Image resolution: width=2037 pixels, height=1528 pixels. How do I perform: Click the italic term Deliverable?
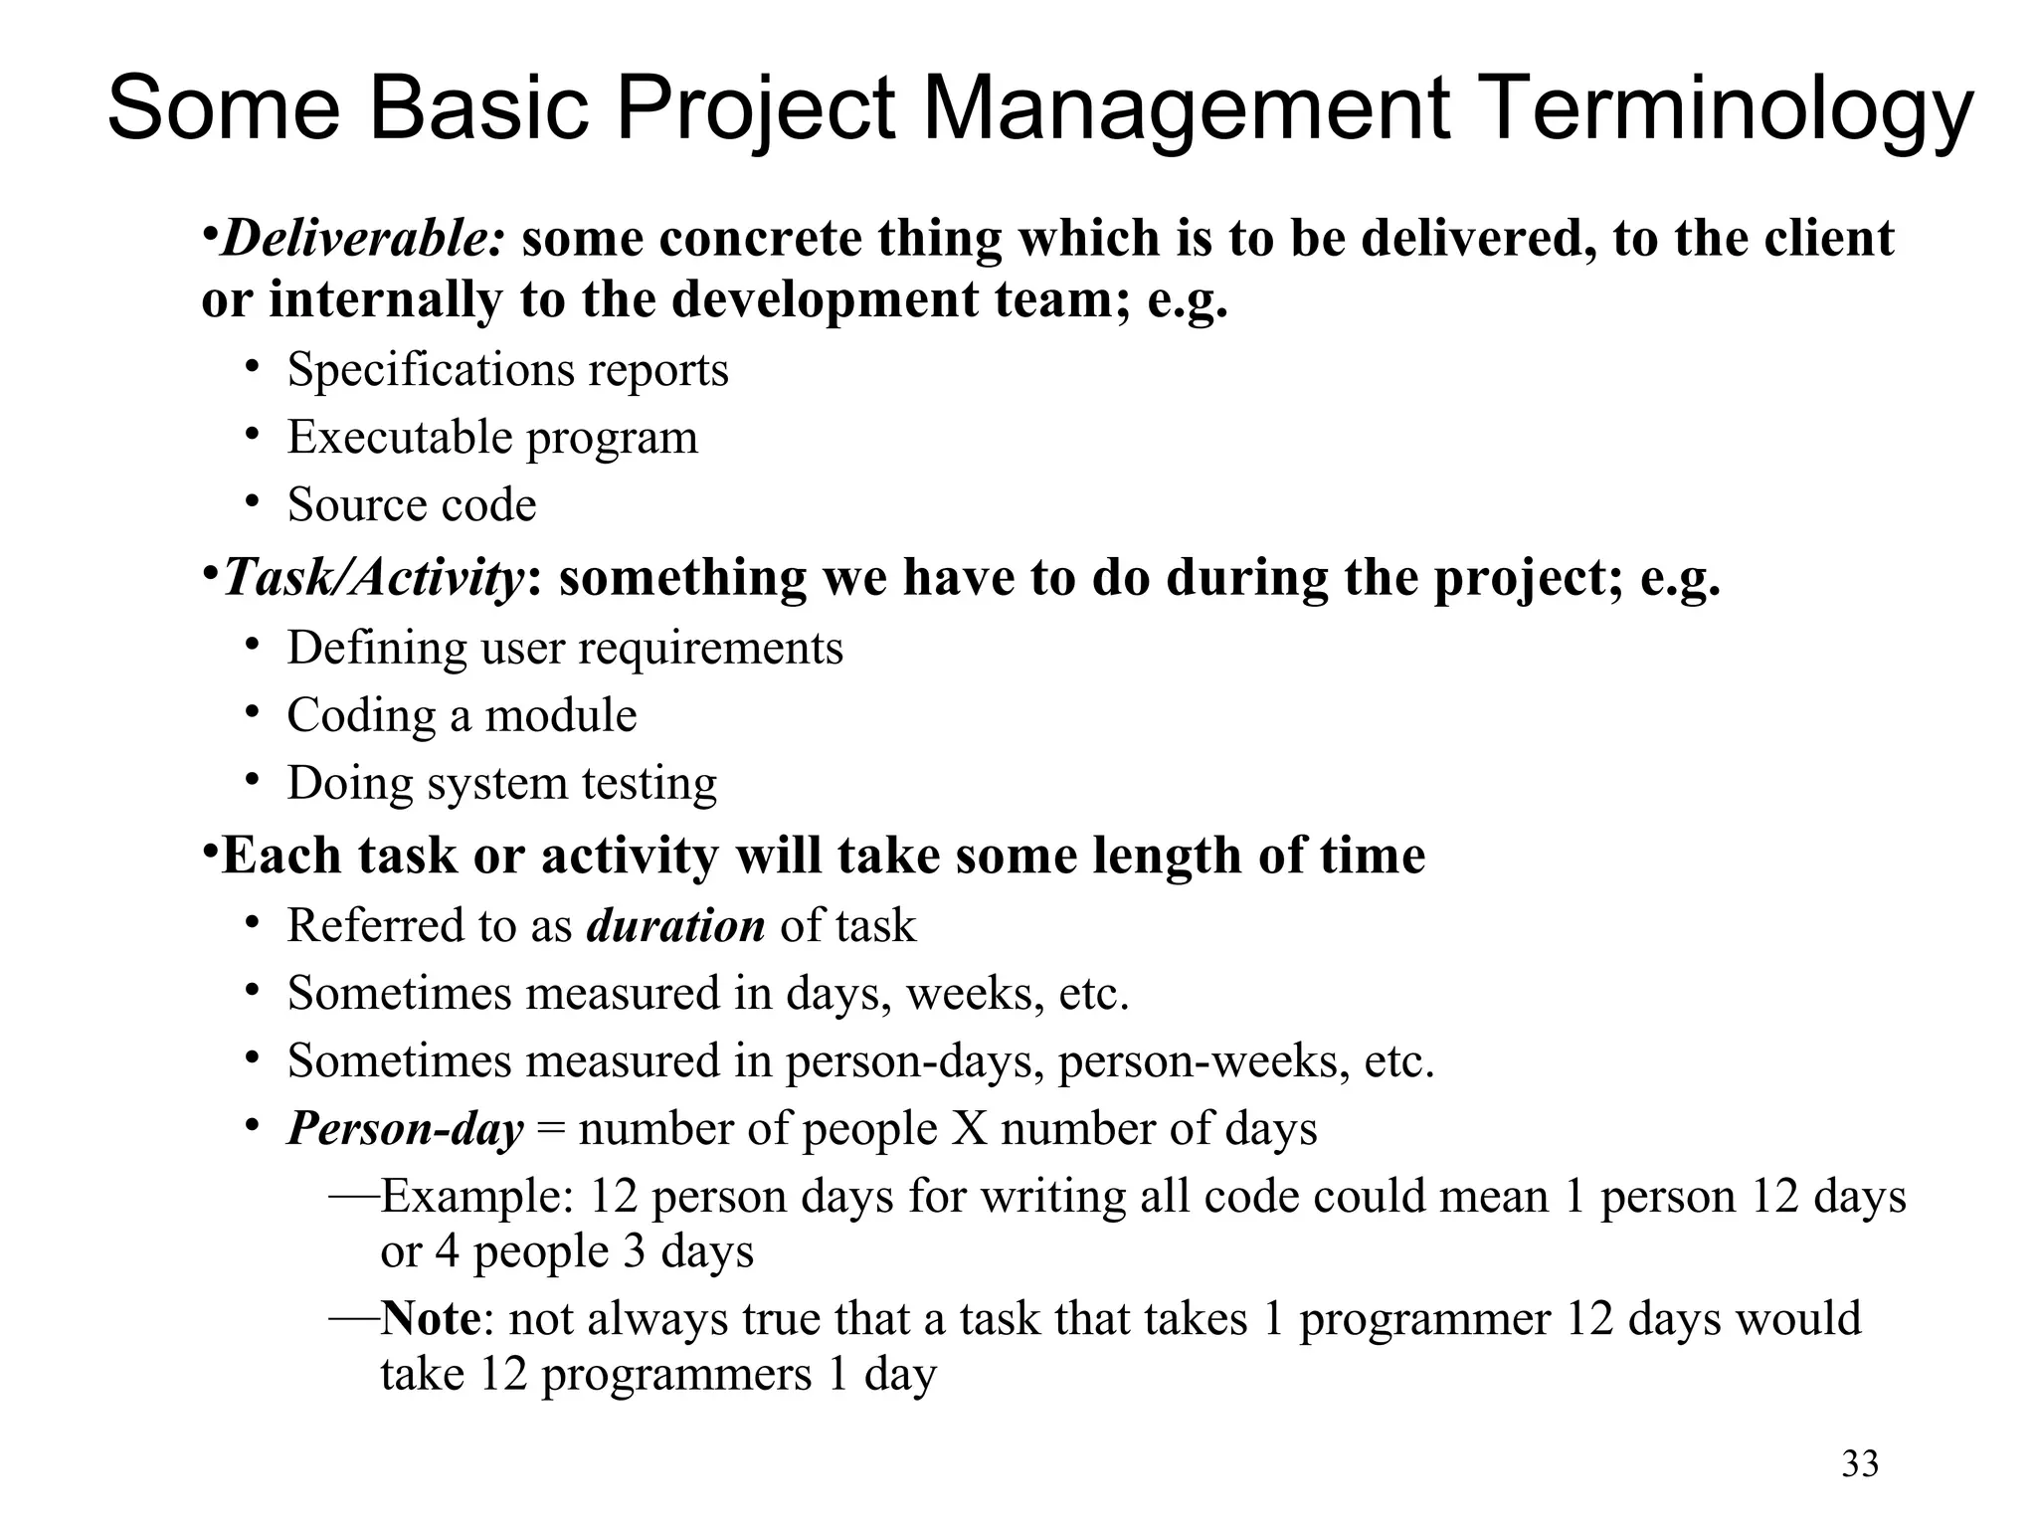coord(363,239)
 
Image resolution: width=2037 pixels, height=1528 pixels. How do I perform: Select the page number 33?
coord(1860,1464)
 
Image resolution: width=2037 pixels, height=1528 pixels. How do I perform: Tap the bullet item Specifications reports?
coord(507,370)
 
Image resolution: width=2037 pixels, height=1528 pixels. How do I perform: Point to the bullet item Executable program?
coord(492,438)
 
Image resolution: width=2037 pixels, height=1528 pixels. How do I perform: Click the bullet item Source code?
coord(412,504)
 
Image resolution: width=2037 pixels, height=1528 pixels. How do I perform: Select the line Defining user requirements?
coord(564,649)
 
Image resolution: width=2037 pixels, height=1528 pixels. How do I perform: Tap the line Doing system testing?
coord(501,783)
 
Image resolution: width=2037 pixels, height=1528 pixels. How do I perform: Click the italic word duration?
coord(675,926)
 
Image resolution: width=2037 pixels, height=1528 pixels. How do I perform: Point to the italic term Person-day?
coord(405,1129)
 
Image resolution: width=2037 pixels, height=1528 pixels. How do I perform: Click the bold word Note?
coord(431,1319)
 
